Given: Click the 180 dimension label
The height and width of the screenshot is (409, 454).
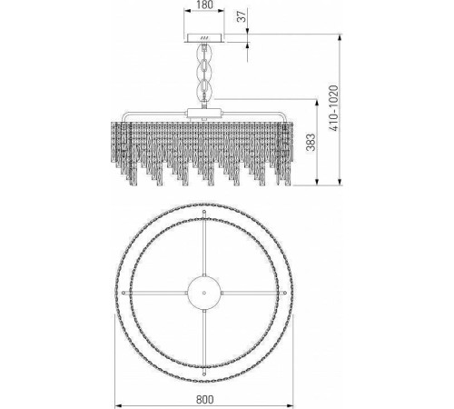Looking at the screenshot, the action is point(204,5).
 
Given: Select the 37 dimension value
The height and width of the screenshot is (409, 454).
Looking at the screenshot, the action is point(242,15).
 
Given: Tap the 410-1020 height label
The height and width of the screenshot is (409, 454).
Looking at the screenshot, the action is point(333,108).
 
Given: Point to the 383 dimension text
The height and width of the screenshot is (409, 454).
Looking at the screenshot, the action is point(311,142).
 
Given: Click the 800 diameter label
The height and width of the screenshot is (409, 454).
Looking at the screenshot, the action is point(205,399).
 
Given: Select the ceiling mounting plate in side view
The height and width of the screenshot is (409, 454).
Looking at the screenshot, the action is point(204,38).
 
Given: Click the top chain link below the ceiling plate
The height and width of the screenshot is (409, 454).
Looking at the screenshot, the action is point(204,53).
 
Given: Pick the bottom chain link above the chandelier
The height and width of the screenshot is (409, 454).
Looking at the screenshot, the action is point(204,89).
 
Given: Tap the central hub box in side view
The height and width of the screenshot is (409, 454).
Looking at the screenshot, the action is point(204,114).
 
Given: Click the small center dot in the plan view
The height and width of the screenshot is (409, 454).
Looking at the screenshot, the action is point(204,293).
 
